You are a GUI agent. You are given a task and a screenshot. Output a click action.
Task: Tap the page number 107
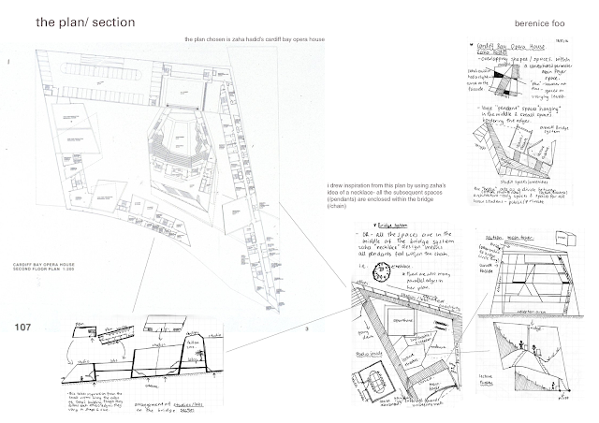pyautogui.click(x=25, y=327)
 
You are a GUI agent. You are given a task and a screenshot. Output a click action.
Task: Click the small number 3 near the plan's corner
pyautogui.click(x=306, y=328)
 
